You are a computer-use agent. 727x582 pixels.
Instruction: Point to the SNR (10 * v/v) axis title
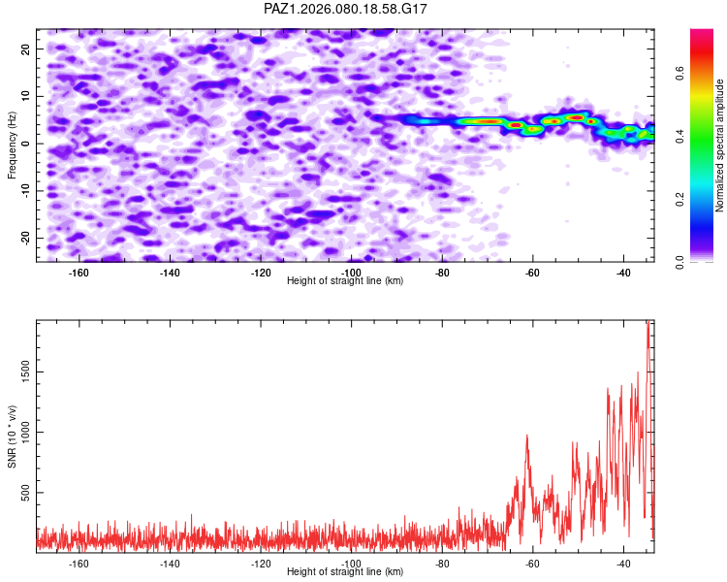12,436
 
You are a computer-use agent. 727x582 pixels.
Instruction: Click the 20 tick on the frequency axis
26,48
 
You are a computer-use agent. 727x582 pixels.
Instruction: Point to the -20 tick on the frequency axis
24,238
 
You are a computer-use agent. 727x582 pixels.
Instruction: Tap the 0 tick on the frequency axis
29,144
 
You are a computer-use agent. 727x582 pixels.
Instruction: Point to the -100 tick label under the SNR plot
351,564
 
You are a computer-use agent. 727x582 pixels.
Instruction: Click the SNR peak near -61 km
526,436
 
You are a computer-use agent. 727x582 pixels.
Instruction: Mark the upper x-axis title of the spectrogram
346,281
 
